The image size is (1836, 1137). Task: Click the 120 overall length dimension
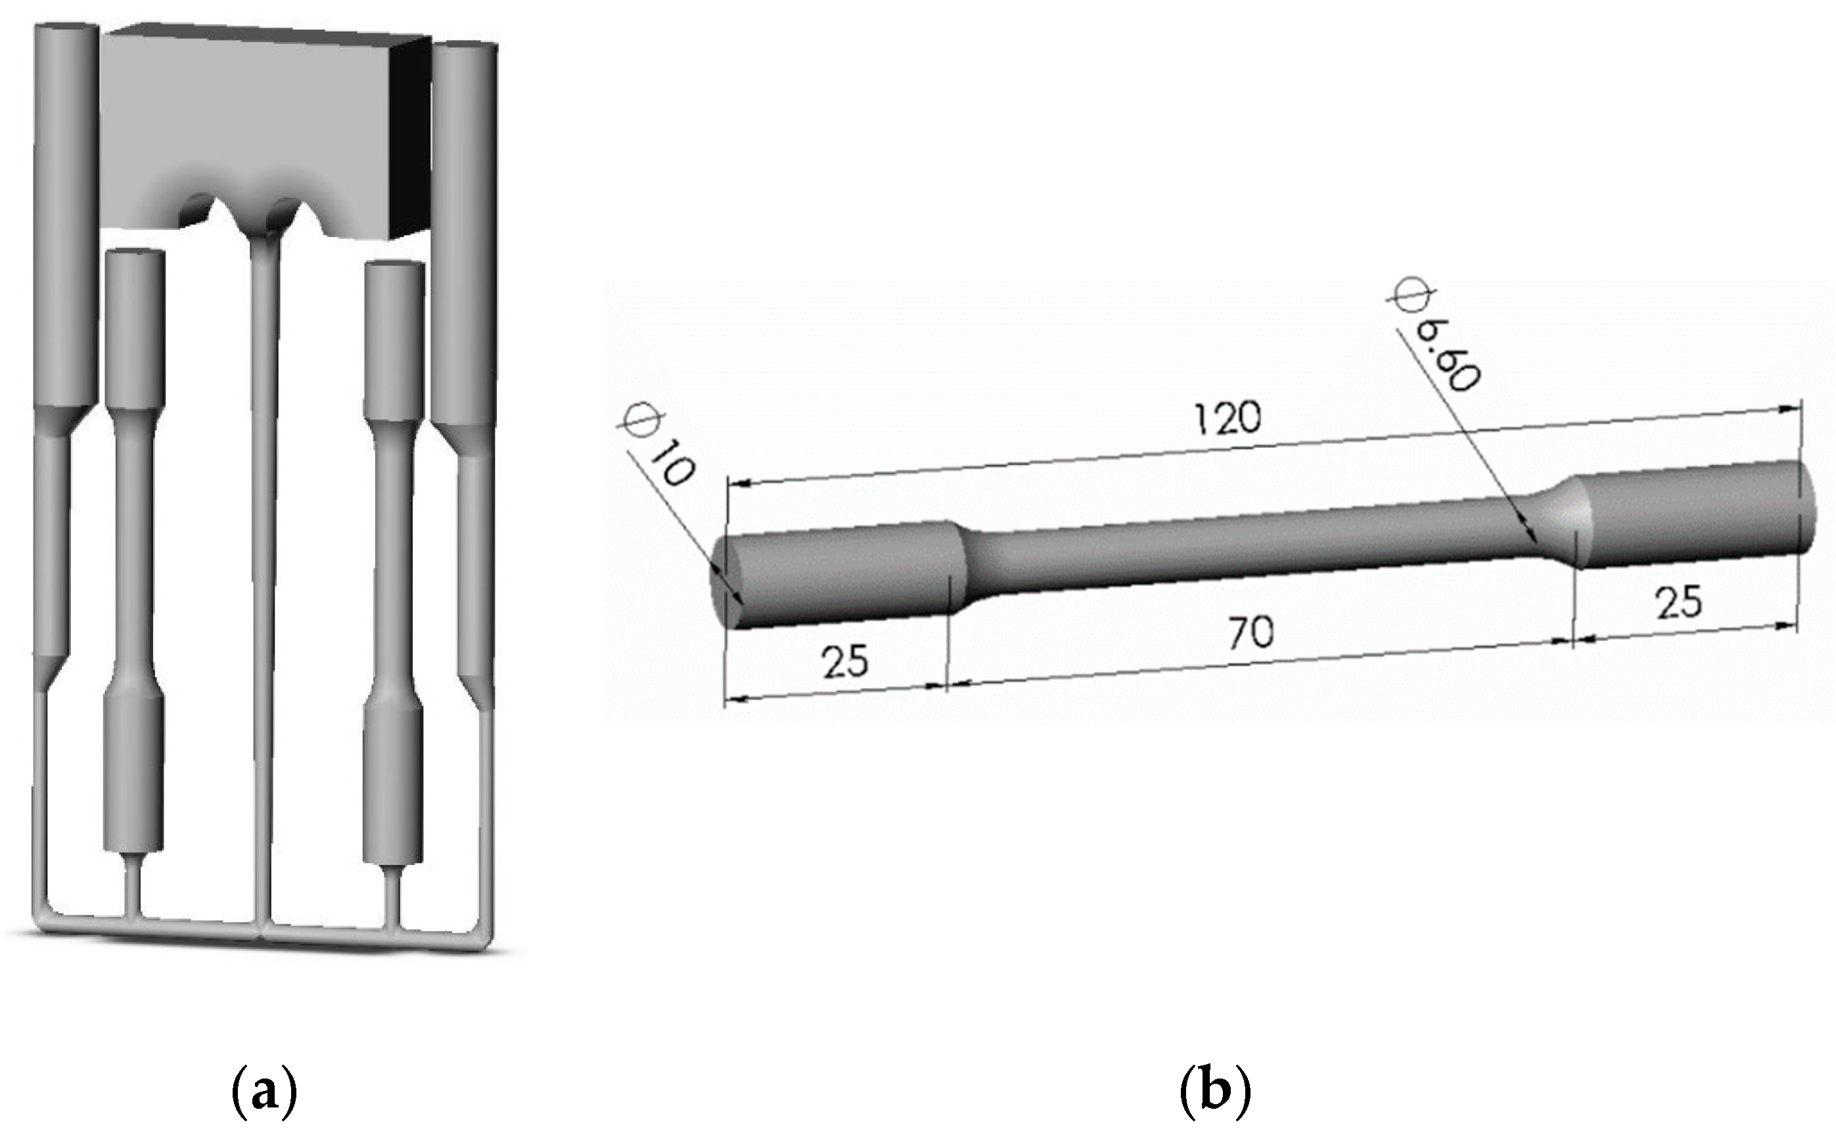coord(1227,418)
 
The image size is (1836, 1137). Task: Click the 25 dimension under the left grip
coord(844,661)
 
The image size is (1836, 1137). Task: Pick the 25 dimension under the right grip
coord(1679,602)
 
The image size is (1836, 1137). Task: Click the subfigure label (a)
coord(264,1094)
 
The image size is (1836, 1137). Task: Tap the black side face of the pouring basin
coord(413,135)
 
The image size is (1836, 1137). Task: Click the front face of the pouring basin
coord(248,113)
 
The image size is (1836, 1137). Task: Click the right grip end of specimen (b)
coord(1692,519)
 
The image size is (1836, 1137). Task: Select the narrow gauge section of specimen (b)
coord(1249,545)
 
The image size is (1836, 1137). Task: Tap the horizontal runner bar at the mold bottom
coord(264,931)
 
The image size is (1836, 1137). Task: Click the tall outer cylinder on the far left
coord(66,218)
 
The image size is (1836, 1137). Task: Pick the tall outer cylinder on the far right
coord(464,240)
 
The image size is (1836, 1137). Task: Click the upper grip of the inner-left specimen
coord(135,331)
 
